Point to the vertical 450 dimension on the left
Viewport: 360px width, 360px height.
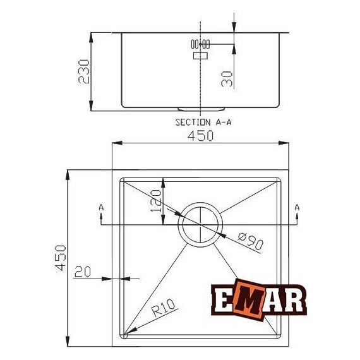coord(59,258)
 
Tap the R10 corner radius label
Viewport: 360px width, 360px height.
coord(163,310)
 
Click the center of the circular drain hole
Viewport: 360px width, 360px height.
coord(200,224)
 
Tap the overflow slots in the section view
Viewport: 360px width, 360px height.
coord(200,44)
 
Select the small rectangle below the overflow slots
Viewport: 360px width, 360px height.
coord(200,56)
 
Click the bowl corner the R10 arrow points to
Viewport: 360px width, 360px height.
coord(126,334)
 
